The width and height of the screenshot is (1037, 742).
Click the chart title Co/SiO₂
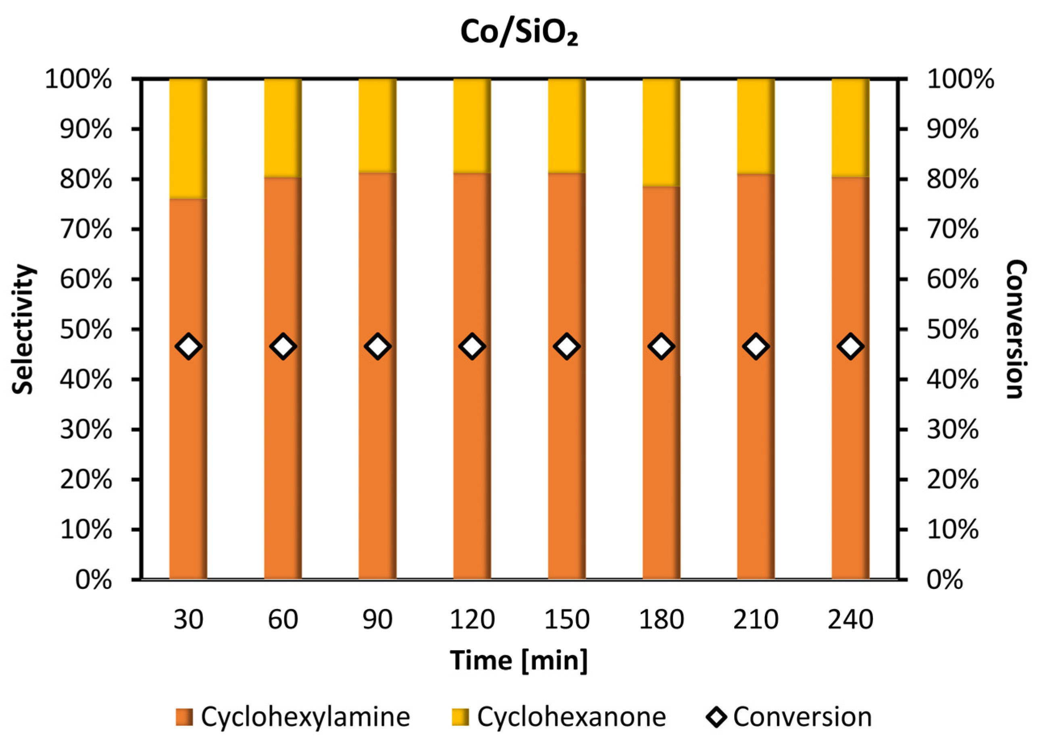(519, 33)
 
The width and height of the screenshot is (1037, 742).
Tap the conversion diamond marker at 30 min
(189, 347)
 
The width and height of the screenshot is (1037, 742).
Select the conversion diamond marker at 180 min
(661, 347)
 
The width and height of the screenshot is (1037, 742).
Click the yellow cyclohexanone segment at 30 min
(188, 138)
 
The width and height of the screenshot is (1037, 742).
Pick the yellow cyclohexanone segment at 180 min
(661, 133)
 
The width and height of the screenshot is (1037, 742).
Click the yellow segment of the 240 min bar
(850, 127)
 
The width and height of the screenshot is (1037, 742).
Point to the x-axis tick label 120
(472, 619)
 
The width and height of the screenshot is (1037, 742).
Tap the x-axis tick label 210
(756, 619)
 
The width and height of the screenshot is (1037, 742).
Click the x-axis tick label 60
(283, 619)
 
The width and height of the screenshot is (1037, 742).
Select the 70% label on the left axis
(85, 229)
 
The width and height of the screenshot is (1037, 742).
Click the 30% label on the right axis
(952, 430)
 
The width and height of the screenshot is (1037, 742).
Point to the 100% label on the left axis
(78, 80)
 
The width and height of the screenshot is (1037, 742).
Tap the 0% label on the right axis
(945, 580)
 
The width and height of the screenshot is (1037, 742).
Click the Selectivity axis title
(23, 329)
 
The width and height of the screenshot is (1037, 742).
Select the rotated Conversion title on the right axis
(1017, 329)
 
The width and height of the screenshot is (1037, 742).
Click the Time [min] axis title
(519, 661)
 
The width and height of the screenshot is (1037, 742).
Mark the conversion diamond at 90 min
(377, 347)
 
